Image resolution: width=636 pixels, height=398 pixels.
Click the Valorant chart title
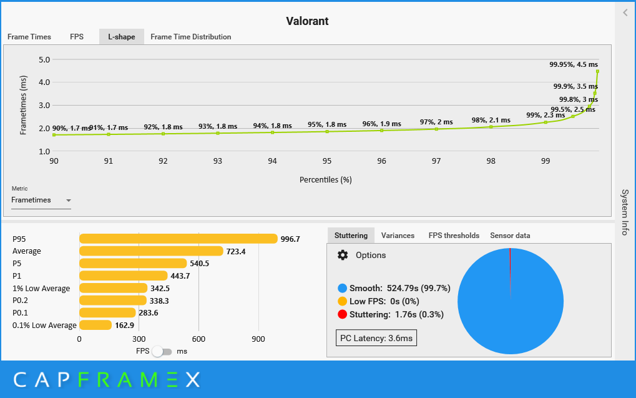pyautogui.click(x=307, y=21)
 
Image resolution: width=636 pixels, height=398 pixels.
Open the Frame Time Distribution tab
pyautogui.click(x=190, y=36)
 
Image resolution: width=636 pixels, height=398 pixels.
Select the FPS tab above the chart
pyautogui.click(x=77, y=36)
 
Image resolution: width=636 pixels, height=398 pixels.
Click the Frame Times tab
pyautogui.click(x=29, y=36)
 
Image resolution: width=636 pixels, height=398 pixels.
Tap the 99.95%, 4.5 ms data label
pyautogui.click(x=574, y=64)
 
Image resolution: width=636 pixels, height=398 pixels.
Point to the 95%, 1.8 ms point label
pyautogui.click(x=327, y=124)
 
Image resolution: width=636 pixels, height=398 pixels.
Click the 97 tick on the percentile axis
pyautogui.click(x=436, y=161)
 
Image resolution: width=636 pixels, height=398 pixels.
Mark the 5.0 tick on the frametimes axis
pyautogui.click(x=44, y=60)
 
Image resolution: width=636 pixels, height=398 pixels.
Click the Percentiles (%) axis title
pyautogui.click(x=325, y=179)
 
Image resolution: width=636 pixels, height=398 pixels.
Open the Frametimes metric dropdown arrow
pyautogui.click(x=69, y=200)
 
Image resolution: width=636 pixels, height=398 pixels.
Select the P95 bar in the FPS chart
pyautogui.click(x=179, y=239)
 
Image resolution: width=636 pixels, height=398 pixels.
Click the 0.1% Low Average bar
pyautogui.click(x=95, y=325)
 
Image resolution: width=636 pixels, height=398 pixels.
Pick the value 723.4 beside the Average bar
pyautogui.click(x=236, y=251)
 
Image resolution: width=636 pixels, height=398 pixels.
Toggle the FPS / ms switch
pyautogui.click(x=162, y=351)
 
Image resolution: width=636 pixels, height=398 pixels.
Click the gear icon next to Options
pyautogui.click(x=343, y=255)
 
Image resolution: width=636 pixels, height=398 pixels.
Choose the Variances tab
pyautogui.click(x=398, y=236)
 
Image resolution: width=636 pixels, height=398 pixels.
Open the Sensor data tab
pyautogui.click(x=510, y=236)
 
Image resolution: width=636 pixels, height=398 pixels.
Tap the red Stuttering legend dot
pyautogui.click(x=342, y=314)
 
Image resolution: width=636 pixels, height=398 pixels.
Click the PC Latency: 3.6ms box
pyautogui.click(x=376, y=338)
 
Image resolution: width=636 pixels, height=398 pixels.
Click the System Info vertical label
pyautogui.click(x=625, y=212)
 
